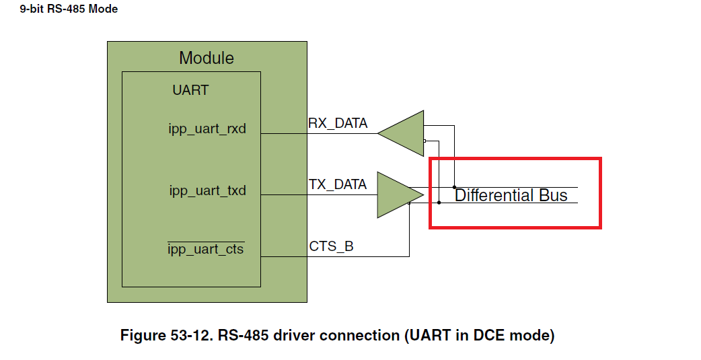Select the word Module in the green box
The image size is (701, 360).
point(207,58)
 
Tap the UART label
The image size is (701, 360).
point(190,90)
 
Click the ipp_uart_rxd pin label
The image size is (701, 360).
point(207,129)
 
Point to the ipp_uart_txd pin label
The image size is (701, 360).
point(207,191)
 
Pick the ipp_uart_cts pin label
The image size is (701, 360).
point(206,250)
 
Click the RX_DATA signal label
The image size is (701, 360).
point(338,123)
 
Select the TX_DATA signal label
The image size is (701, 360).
point(338,184)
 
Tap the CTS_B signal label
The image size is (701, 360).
point(331,246)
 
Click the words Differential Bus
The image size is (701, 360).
point(511,196)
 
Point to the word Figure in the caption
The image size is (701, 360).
point(143,335)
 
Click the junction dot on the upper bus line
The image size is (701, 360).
point(455,187)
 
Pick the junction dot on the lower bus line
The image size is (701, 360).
point(439,203)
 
